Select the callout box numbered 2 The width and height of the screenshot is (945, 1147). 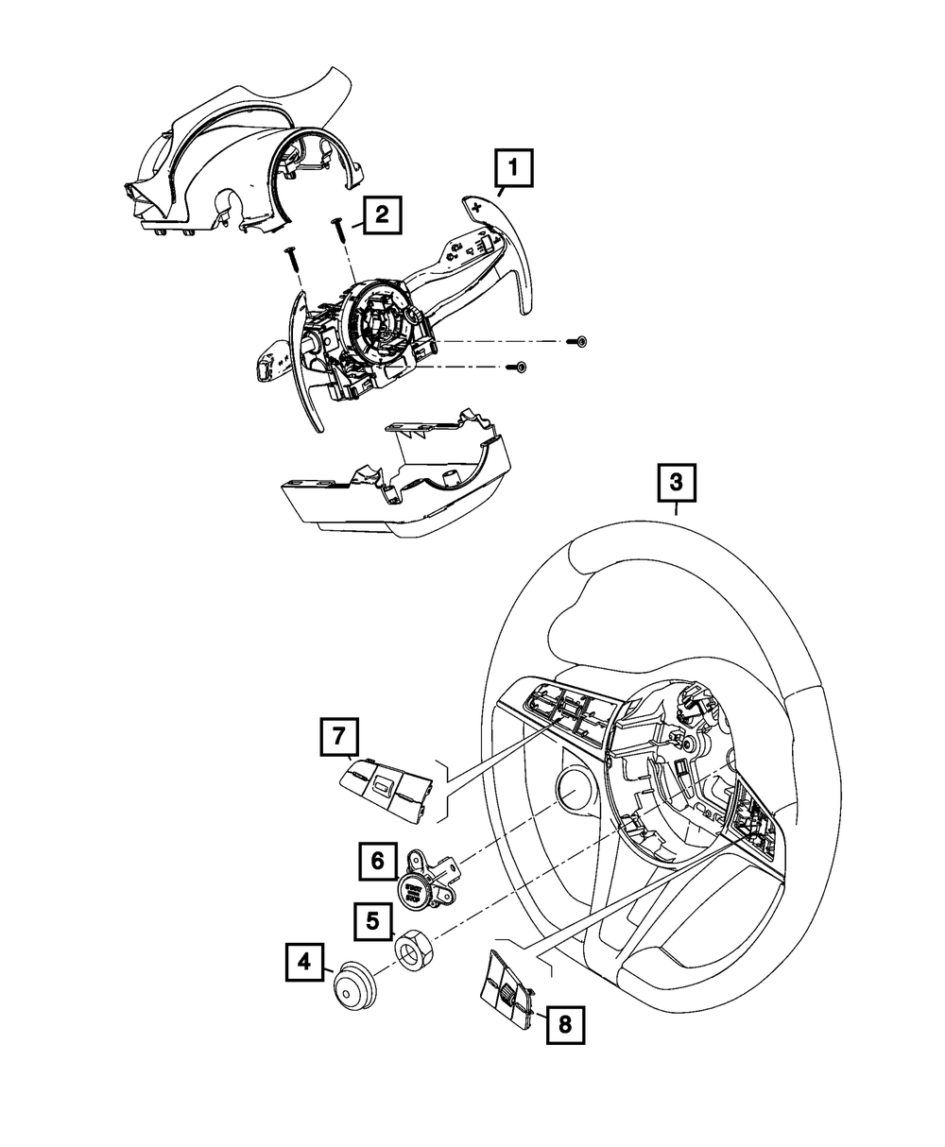pos(380,214)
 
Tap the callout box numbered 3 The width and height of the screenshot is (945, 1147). pos(675,484)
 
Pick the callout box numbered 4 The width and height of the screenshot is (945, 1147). pos(304,963)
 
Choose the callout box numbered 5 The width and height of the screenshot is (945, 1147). pos(372,917)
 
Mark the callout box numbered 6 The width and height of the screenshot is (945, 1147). pos(377,860)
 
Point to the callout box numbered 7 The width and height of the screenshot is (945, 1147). pos(338,737)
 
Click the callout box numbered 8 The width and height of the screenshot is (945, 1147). pos(565,1024)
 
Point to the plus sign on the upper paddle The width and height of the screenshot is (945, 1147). pos(476,206)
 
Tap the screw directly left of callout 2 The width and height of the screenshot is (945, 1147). pos(336,231)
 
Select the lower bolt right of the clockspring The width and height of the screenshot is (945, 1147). pos(519,367)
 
